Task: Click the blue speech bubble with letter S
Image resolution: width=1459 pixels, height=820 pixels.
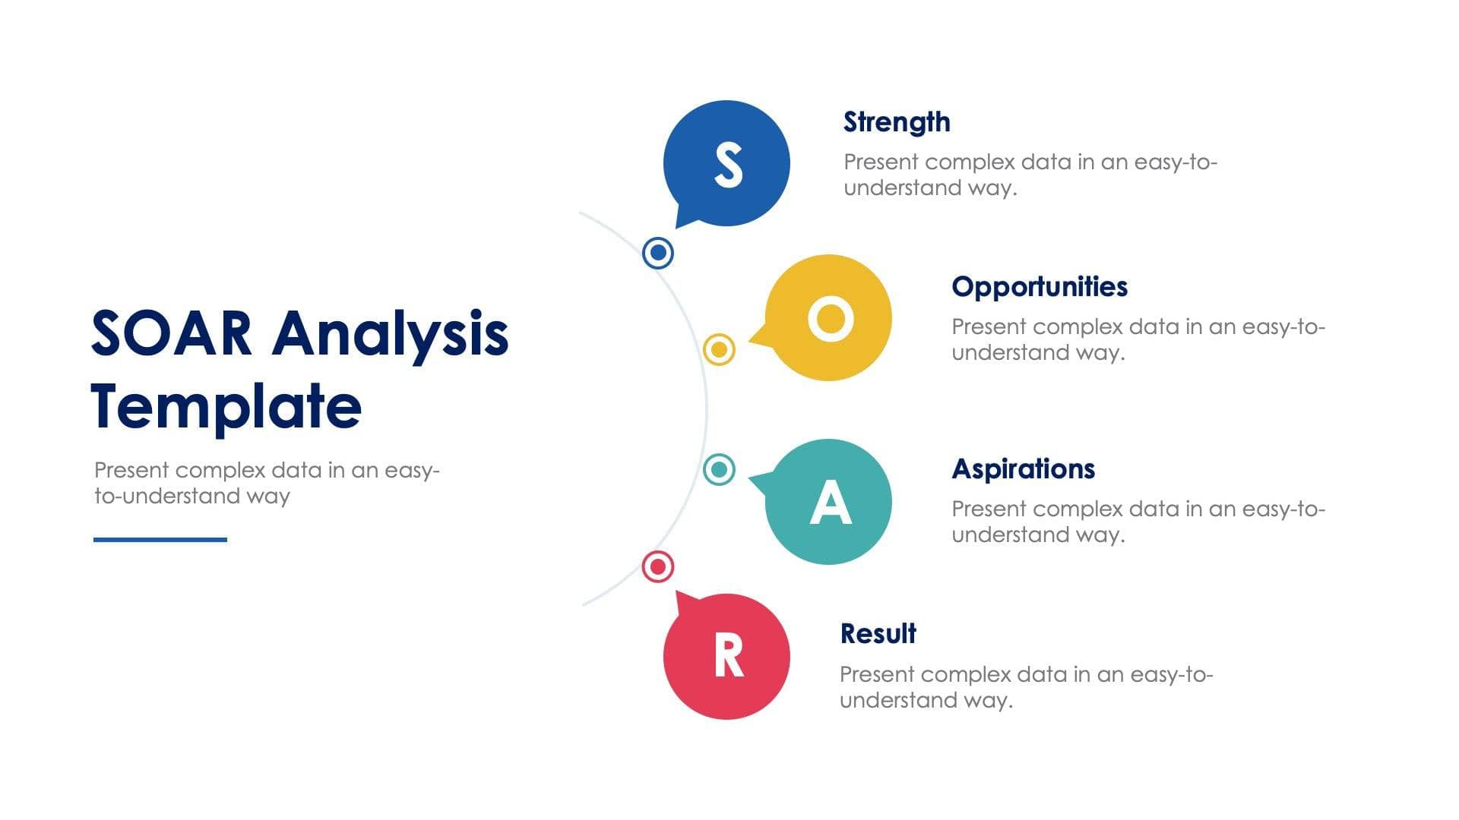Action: tap(726, 163)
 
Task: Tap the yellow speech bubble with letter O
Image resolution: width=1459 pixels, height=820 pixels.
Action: tap(828, 317)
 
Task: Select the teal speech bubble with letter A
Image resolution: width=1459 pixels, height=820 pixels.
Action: tap(828, 502)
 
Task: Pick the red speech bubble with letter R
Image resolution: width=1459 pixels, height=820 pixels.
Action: tap(726, 656)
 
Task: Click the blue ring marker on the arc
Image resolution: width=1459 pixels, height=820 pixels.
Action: tap(658, 252)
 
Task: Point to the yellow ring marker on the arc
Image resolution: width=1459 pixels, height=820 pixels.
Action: tap(719, 349)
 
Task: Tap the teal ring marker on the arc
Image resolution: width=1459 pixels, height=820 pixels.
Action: tap(719, 469)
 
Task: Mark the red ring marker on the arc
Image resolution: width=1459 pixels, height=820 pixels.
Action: tap(658, 566)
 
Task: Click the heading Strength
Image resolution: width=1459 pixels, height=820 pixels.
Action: tap(897, 122)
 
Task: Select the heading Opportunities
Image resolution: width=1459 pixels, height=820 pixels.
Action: tap(1040, 287)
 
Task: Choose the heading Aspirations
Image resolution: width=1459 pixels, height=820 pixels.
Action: tap(1024, 469)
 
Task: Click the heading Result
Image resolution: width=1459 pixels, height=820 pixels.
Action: tap(878, 633)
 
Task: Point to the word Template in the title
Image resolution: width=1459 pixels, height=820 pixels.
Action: tap(226, 407)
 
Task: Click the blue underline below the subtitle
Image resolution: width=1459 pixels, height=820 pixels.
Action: tap(160, 540)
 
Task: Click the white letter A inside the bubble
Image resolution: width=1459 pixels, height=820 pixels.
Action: tap(830, 502)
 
